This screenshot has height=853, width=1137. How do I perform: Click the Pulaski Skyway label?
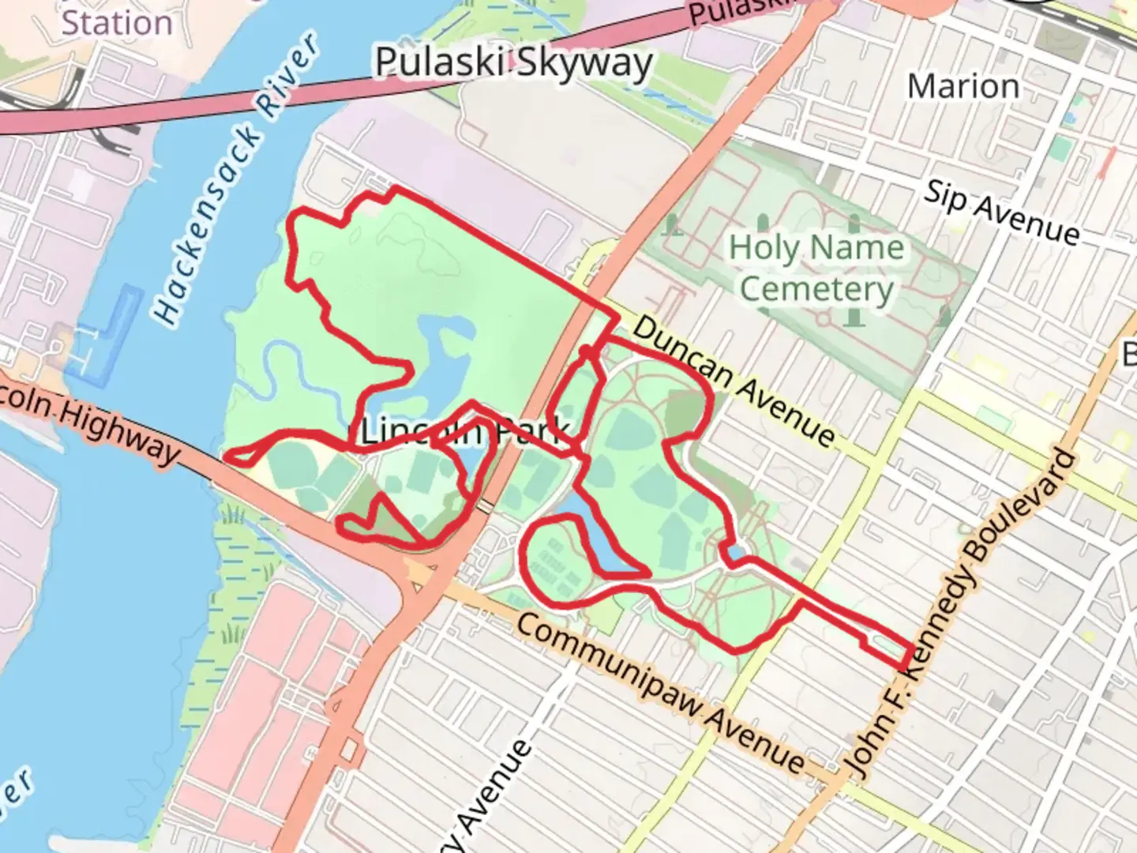(x=513, y=63)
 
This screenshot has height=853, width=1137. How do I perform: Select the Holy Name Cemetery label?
(x=816, y=269)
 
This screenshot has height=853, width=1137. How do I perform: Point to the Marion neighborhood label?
(x=963, y=87)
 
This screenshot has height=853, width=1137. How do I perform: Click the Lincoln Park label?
(x=464, y=432)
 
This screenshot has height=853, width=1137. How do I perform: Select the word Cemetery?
(x=816, y=289)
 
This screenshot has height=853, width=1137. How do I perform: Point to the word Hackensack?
(x=207, y=225)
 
